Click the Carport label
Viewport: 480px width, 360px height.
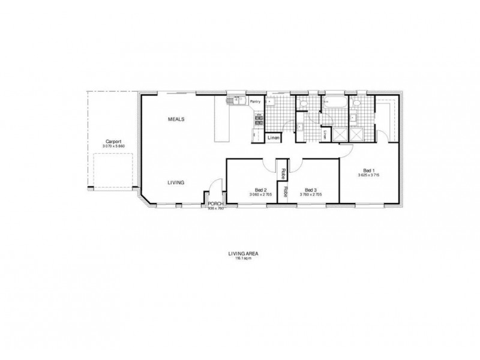click(x=112, y=142)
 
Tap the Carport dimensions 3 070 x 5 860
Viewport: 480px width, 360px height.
click(x=112, y=146)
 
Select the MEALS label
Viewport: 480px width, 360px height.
click(x=176, y=119)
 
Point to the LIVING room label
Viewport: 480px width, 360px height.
click(x=176, y=182)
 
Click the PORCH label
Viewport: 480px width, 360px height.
click(x=215, y=204)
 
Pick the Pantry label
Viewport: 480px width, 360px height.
click(x=255, y=102)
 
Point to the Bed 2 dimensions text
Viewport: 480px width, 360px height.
click(x=260, y=194)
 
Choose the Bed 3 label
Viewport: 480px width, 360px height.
click(x=310, y=189)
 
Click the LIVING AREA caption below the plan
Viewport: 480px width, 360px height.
click(x=239, y=254)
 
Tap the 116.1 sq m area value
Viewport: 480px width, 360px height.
click(x=239, y=258)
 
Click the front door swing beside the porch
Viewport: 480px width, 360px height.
click(x=210, y=195)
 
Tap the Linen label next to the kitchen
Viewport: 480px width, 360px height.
click(x=273, y=137)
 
